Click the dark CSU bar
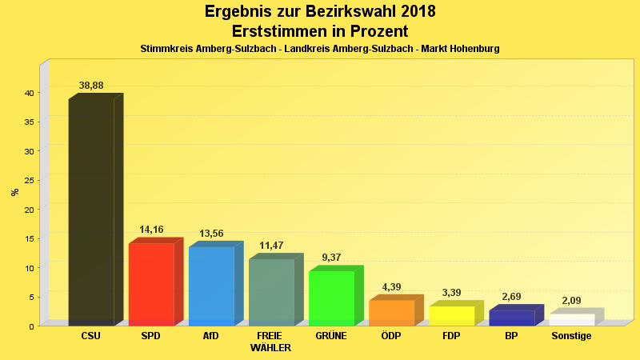point(91,212)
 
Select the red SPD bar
point(151,284)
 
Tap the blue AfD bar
point(211,286)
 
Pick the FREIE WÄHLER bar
point(271,292)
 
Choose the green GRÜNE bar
point(331,298)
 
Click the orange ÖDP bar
point(391,312)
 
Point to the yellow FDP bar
point(451,315)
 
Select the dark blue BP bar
point(511,318)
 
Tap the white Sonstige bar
point(571,319)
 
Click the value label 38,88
point(91,86)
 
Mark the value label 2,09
point(571,301)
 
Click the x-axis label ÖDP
point(391,336)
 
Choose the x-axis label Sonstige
point(571,336)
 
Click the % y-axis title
point(14,192)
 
